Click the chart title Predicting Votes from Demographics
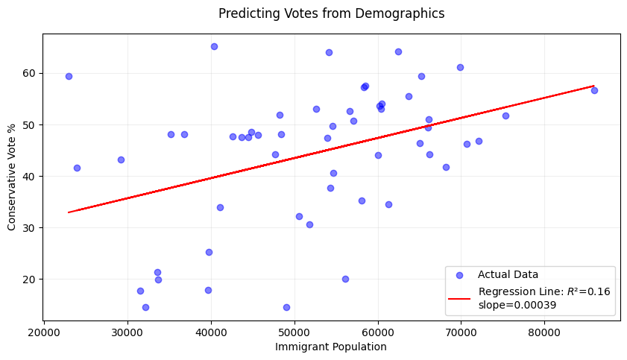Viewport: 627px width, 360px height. (331, 13)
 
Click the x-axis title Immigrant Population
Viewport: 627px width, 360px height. (331, 347)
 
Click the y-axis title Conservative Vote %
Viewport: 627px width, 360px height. (11, 177)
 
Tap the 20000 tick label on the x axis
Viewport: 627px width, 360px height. (44, 333)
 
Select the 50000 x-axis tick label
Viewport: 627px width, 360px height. (294, 333)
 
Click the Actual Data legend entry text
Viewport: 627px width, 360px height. (508, 274)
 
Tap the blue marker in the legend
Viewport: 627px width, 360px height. (459, 275)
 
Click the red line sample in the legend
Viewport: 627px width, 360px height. (459, 298)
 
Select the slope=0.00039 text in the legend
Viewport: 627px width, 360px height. (517, 306)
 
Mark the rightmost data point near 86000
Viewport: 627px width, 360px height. (594, 91)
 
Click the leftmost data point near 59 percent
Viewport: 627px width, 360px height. (69, 76)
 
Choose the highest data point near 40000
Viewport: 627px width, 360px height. (214, 47)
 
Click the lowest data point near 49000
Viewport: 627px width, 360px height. (287, 307)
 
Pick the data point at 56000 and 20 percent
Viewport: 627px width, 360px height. (345, 279)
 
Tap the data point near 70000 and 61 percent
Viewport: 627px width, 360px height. (460, 68)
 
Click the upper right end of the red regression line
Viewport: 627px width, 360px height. (594, 86)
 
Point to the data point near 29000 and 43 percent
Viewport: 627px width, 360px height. (122, 160)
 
